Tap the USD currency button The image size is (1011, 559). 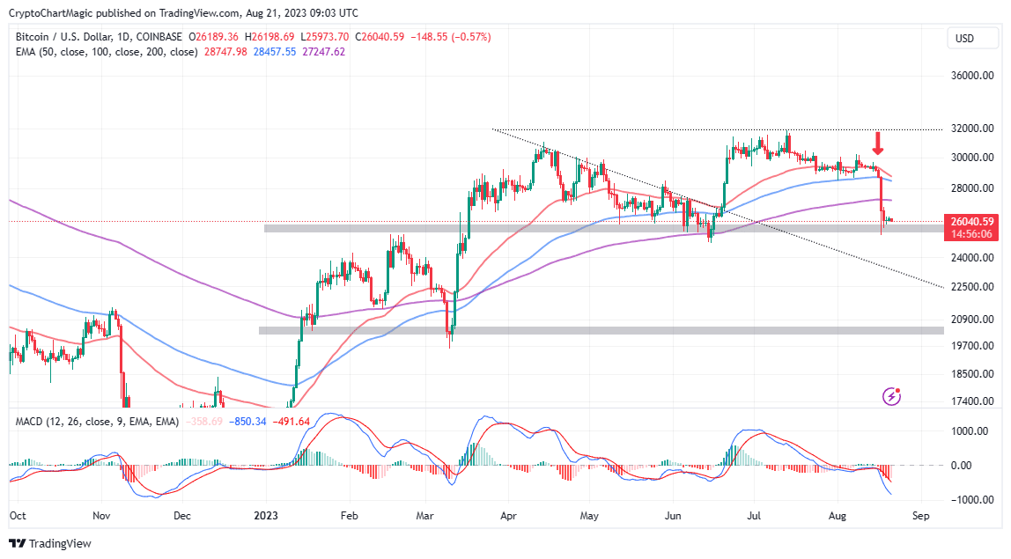pos(964,38)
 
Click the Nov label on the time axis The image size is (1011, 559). pos(101,517)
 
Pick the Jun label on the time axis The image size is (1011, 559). pos(674,517)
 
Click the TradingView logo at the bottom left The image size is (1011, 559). pos(49,544)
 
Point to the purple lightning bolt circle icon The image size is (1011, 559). pos(892,397)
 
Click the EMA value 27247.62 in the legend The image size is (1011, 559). pos(323,52)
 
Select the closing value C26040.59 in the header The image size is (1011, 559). pos(373,37)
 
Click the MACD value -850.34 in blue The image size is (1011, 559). pos(248,422)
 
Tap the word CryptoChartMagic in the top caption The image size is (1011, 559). pos(53,14)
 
